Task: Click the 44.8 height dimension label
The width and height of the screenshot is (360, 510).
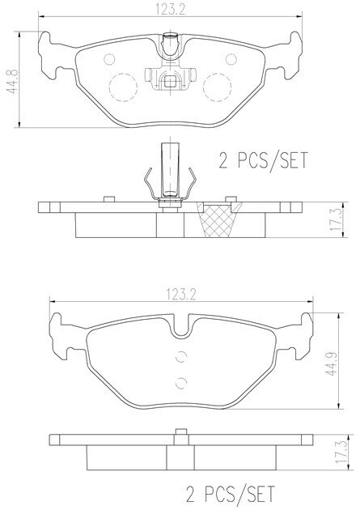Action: pyautogui.click(x=12, y=81)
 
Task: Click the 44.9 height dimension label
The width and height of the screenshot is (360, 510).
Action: pyautogui.click(x=331, y=363)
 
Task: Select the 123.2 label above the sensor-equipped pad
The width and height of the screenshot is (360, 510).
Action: pyautogui.click(x=170, y=10)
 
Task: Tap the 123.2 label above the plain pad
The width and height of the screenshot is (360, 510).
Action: pyautogui.click(x=181, y=295)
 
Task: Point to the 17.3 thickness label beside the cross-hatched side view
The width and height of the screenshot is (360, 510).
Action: pyautogui.click(x=335, y=220)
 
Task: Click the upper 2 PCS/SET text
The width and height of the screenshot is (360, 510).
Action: pyautogui.click(x=263, y=160)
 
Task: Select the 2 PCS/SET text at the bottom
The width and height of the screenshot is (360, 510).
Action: pyautogui.click(x=231, y=494)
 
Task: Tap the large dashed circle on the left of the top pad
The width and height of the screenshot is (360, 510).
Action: pyautogui.click(x=123, y=87)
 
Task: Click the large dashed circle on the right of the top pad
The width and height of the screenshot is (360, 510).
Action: pyautogui.click(x=217, y=87)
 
